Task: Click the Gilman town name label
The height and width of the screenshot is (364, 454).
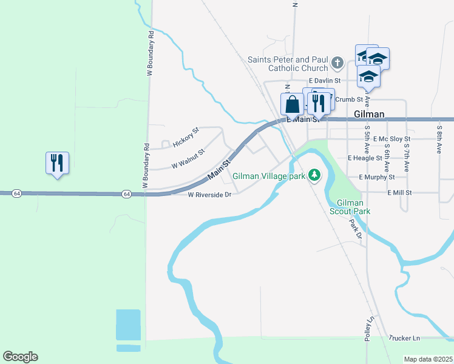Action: [x=368, y=114]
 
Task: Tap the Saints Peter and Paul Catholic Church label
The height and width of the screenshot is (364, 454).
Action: [x=288, y=64]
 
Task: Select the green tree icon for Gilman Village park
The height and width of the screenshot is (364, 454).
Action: [x=314, y=175]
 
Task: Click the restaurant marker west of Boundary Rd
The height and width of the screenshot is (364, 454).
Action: [x=58, y=163]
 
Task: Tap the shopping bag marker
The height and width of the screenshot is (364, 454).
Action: [x=293, y=104]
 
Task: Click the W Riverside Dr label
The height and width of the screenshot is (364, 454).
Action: [x=210, y=195]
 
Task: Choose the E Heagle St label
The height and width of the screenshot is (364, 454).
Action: [x=368, y=158]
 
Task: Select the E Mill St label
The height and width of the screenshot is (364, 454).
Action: [x=400, y=192]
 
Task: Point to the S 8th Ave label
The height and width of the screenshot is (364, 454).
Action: [x=439, y=139]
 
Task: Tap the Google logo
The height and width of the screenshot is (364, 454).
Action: [x=20, y=357]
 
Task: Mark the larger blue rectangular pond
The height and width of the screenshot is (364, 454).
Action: [x=128, y=325]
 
